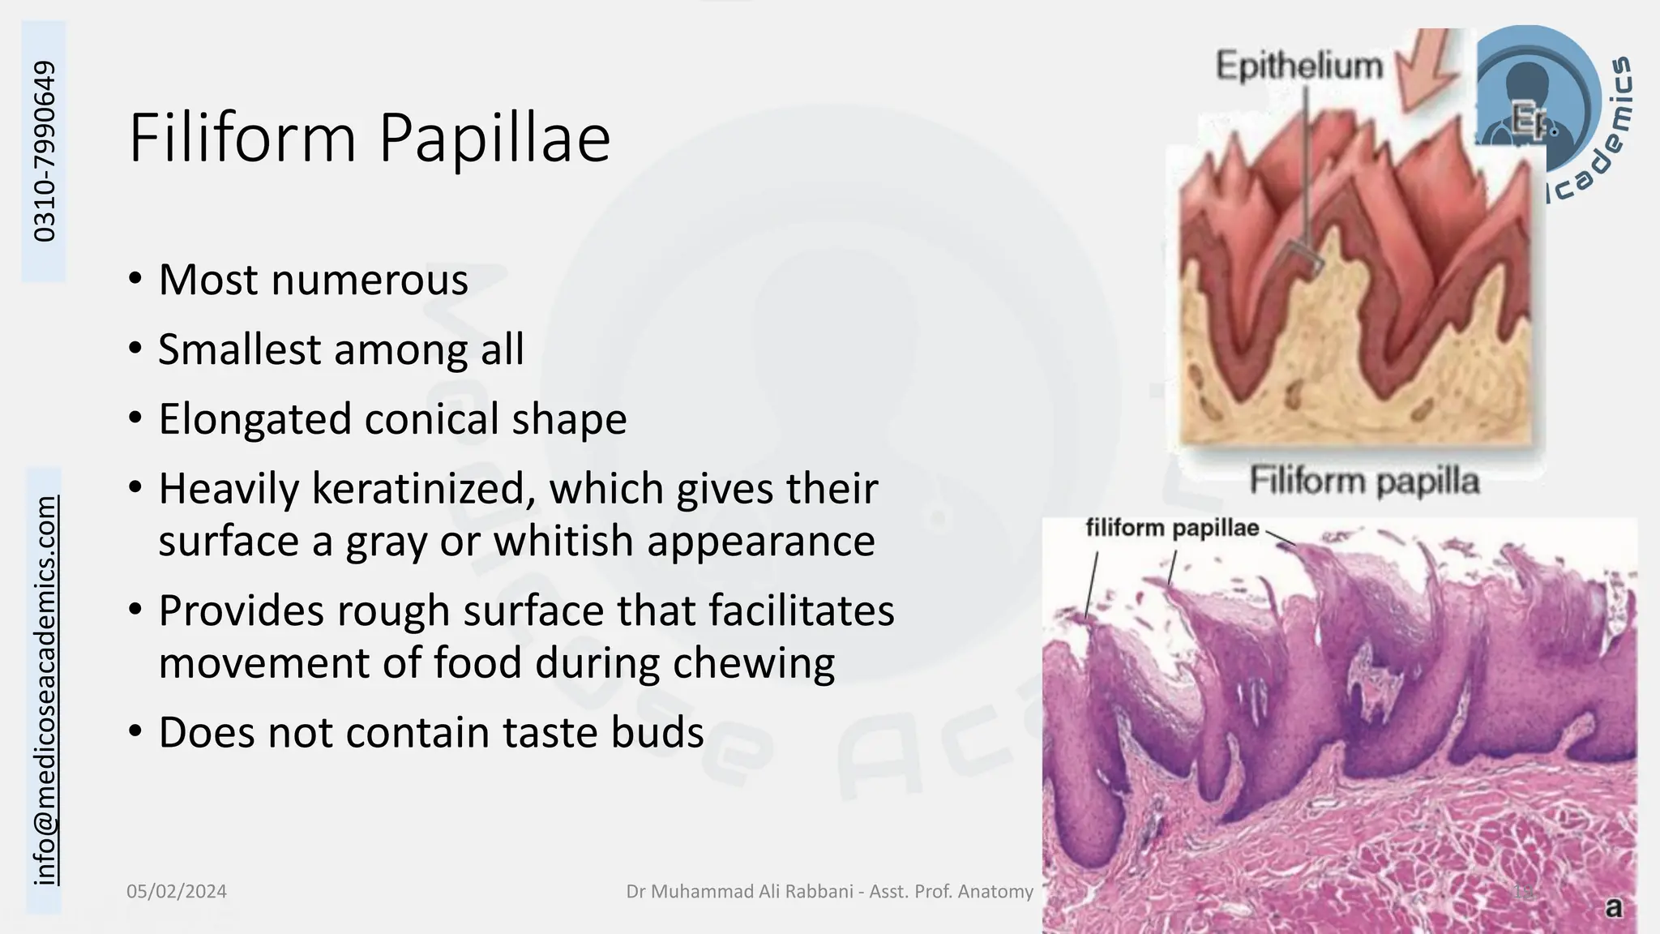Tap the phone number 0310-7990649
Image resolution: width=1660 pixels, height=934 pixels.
45,152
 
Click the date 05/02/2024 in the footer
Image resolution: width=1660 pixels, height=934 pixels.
177,892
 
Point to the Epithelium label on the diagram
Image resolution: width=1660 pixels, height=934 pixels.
1298,66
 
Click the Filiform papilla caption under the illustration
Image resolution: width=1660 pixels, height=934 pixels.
1364,481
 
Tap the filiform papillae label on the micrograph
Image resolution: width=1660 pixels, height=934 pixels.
1172,529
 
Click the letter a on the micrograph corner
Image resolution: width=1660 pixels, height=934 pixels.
1614,908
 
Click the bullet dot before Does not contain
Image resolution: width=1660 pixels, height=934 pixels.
136,732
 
